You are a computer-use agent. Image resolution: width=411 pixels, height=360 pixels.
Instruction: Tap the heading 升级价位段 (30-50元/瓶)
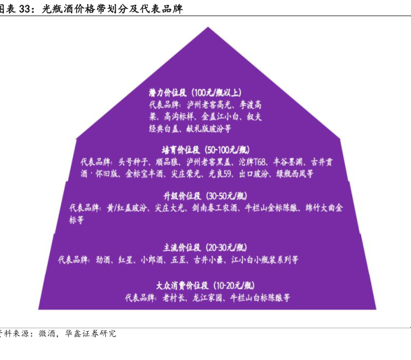[x=207, y=196]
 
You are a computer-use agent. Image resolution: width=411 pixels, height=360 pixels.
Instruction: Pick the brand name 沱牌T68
[x=253, y=162]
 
